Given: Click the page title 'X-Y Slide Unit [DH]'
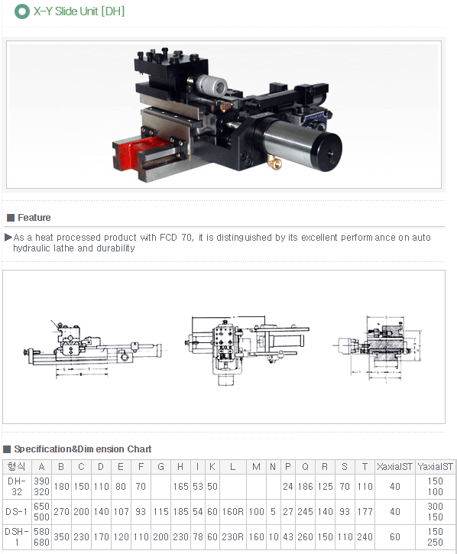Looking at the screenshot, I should click(79, 11).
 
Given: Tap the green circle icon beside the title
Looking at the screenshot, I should click(22, 11).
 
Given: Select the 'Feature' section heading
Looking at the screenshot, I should click(34, 218).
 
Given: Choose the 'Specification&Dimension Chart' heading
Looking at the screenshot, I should click(83, 449).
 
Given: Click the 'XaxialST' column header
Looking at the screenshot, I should click(395, 467).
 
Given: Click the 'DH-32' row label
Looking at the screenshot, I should click(15, 486).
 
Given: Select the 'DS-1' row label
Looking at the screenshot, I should click(15, 510).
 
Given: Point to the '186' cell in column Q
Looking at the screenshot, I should click(306, 486).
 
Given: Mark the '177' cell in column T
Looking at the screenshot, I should click(365, 510).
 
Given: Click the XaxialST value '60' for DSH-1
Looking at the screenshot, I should click(395, 536).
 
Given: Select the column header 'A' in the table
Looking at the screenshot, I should click(41, 467).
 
